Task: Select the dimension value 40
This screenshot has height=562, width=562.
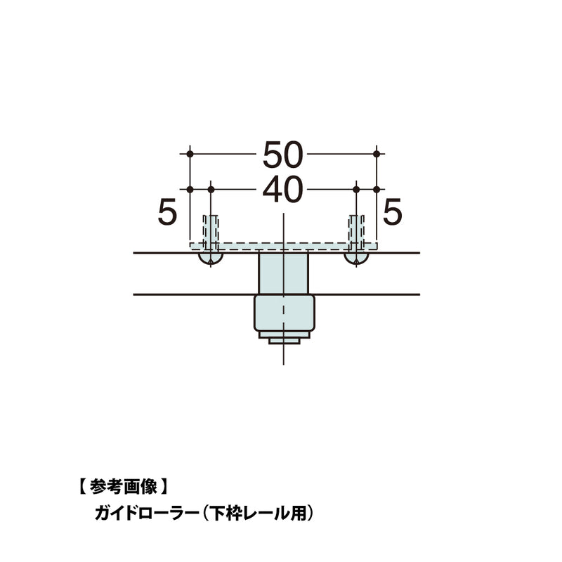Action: click(x=283, y=190)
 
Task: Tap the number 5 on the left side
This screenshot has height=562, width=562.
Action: click(x=166, y=212)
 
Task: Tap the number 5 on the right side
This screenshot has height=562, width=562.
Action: click(x=393, y=212)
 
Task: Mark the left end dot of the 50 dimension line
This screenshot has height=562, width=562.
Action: click(x=189, y=153)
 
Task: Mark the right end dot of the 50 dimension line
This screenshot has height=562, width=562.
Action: click(x=377, y=153)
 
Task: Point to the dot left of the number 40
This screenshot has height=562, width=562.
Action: click(x=211, y=189)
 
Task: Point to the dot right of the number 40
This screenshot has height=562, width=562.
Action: click(x=356, y=189)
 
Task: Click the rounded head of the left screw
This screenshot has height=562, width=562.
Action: click(x=211, y=259)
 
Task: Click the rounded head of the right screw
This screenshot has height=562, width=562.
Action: click(x=356, y=259)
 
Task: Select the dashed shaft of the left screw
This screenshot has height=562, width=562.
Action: click(x=211, y=228)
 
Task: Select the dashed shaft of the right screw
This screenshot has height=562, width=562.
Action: click(x=356, y=228)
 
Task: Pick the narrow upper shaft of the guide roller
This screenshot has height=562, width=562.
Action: click(x=283, y=274)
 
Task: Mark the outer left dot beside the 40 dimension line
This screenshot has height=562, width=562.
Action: click(x=189, y=189)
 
